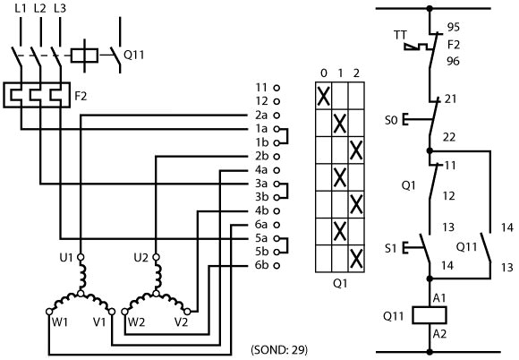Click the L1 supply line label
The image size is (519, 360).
(x=21, y=8)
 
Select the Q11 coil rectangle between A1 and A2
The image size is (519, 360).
(x=430, y=315)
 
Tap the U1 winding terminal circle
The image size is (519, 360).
(x=81, y=257)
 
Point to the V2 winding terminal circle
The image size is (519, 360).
(x=187, y=312)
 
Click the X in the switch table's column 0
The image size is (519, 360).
(x=323, y=96)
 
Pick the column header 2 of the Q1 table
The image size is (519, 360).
(x=356, y=73)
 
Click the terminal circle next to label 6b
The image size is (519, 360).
(x=277, y=265)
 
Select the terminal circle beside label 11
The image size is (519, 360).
(x=277, y=88)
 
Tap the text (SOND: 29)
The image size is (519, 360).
(x=280, y=350)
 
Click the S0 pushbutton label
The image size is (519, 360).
(x=391, y=120)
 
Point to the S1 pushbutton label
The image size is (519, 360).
(x=390, y=248)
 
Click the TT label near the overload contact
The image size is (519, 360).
(x=400, y=35)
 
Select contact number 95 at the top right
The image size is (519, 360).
(x=454, y=27)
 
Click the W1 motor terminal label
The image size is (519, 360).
(x=60, y=321)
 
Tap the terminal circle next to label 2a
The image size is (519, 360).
(x=277, y=116)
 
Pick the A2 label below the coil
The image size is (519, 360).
(x=439, y=334)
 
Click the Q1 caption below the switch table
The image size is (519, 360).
(x=340, y=284)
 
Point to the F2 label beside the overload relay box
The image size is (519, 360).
(x=81, y=96)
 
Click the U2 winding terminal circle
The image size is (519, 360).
(x=157, y=257)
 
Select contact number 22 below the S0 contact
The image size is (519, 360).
(x=449, y=137)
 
